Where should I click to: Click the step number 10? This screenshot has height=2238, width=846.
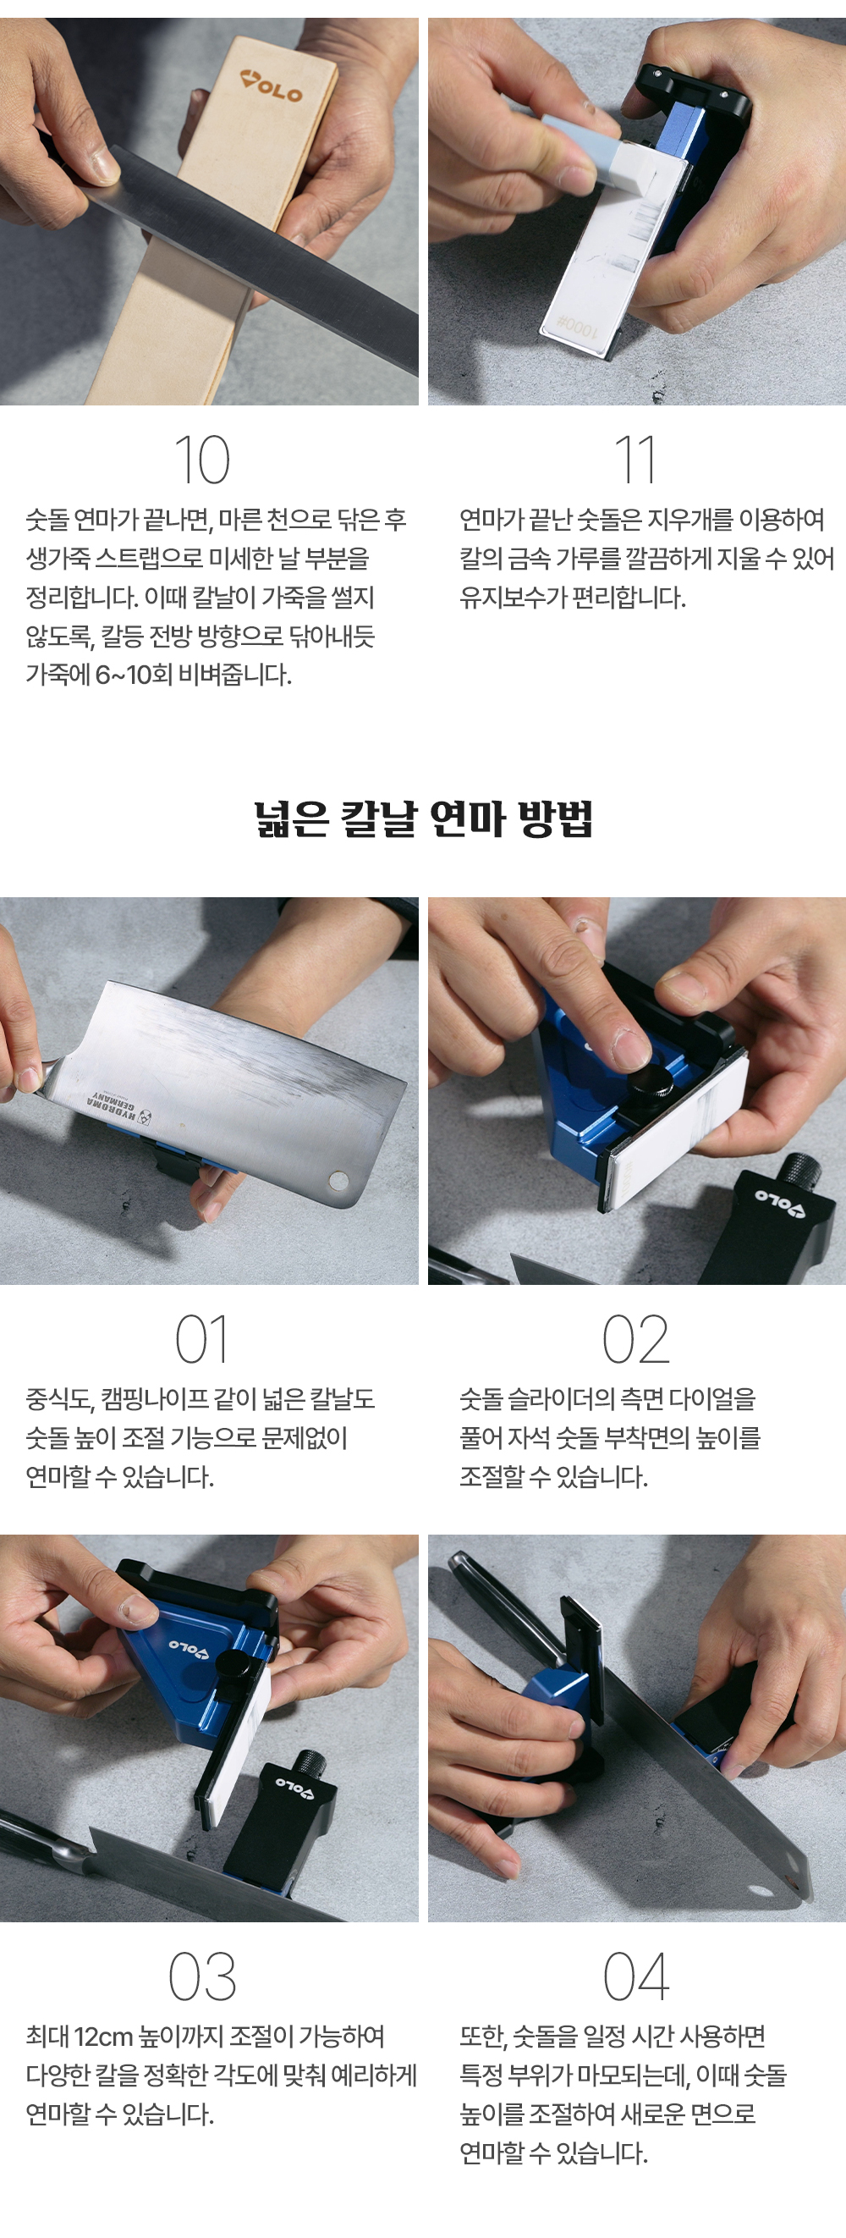pos(202,460)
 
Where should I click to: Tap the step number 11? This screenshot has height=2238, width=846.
pos(635,460)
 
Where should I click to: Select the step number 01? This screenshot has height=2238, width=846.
pos(202,1340)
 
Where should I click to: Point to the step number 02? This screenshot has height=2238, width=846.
pos(636,1340)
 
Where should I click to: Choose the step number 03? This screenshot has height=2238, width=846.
pos(202,1977)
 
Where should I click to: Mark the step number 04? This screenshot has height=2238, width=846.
pos(636,1977)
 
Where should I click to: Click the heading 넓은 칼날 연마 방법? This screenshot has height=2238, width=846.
pos(423,819)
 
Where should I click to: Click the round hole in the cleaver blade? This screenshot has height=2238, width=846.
pos(338,1180)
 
